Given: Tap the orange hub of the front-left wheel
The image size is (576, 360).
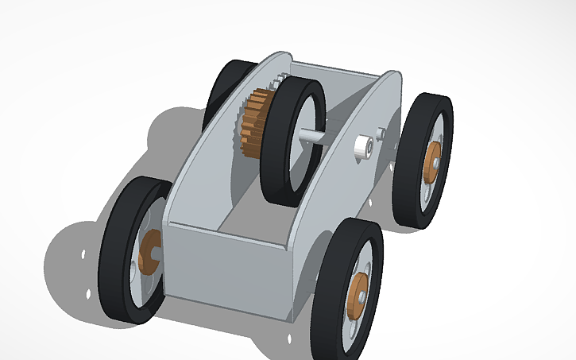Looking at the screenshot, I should click(149, 253).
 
